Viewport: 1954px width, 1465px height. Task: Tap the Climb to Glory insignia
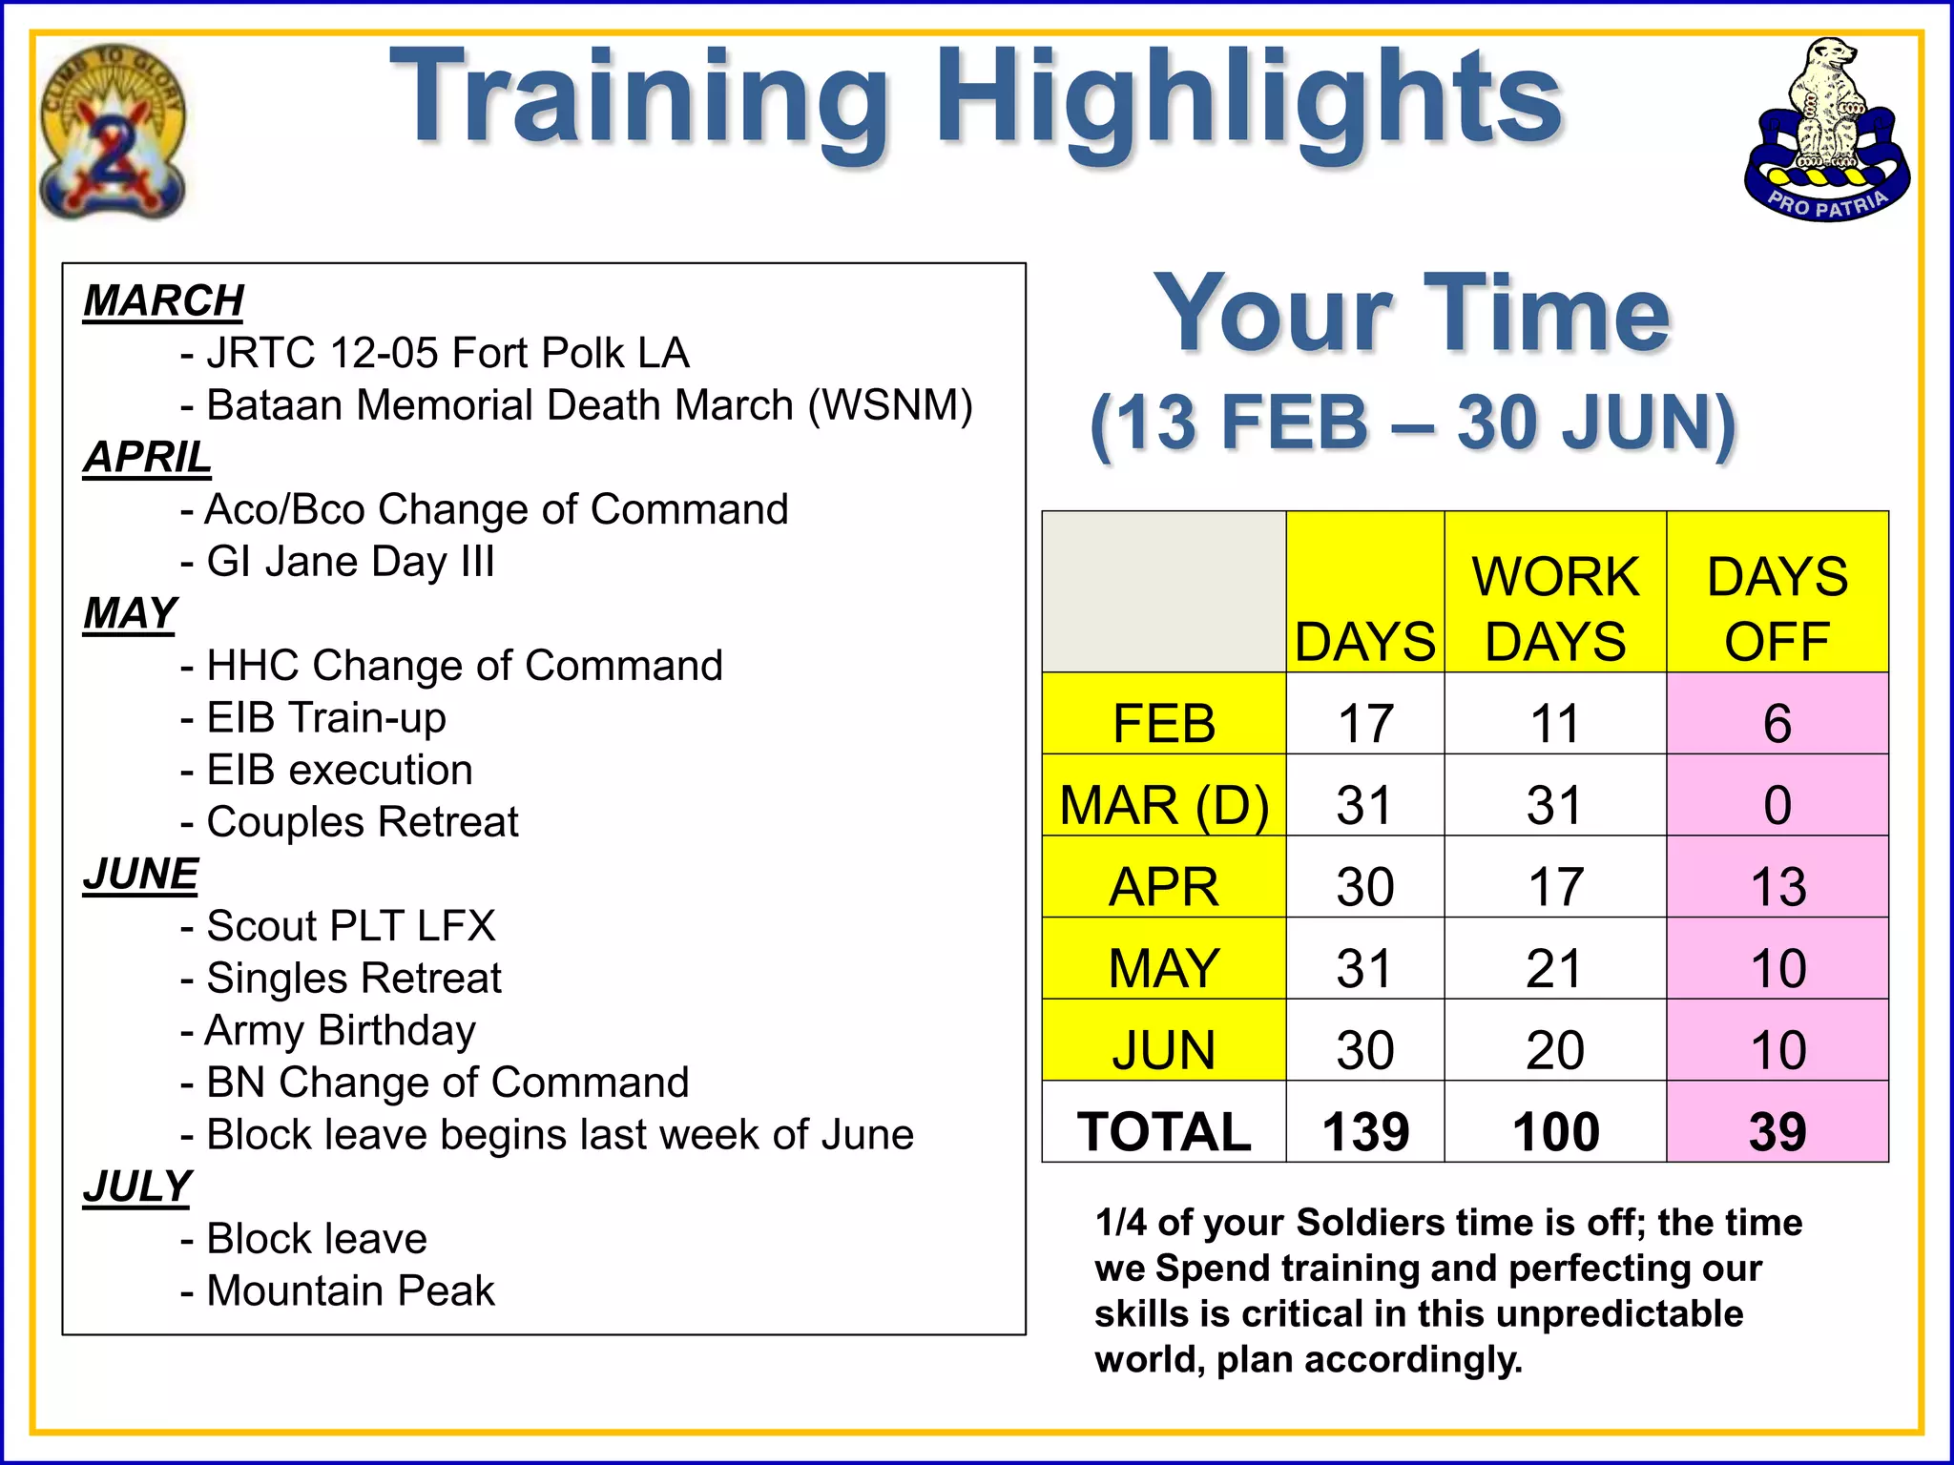coord(113,132)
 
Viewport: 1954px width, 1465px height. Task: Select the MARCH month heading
coord(163,301)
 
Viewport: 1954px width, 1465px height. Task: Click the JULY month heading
coord(137,1186)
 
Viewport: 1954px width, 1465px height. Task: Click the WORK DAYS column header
coord(1555,609)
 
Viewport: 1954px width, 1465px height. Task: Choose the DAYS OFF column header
coord(1777,609)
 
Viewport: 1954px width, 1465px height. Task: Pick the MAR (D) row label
coord(1164,806)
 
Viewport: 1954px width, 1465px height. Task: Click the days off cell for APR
coord(1777,887)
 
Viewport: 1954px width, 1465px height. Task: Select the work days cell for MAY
coord(1555,969)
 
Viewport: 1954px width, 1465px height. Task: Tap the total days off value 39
coord(1777,1132)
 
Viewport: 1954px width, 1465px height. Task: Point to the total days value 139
coord(1364,1132)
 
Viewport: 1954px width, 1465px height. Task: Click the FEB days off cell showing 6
coord(1777,724)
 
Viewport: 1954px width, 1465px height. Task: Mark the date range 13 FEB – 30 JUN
coord(1412,423)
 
